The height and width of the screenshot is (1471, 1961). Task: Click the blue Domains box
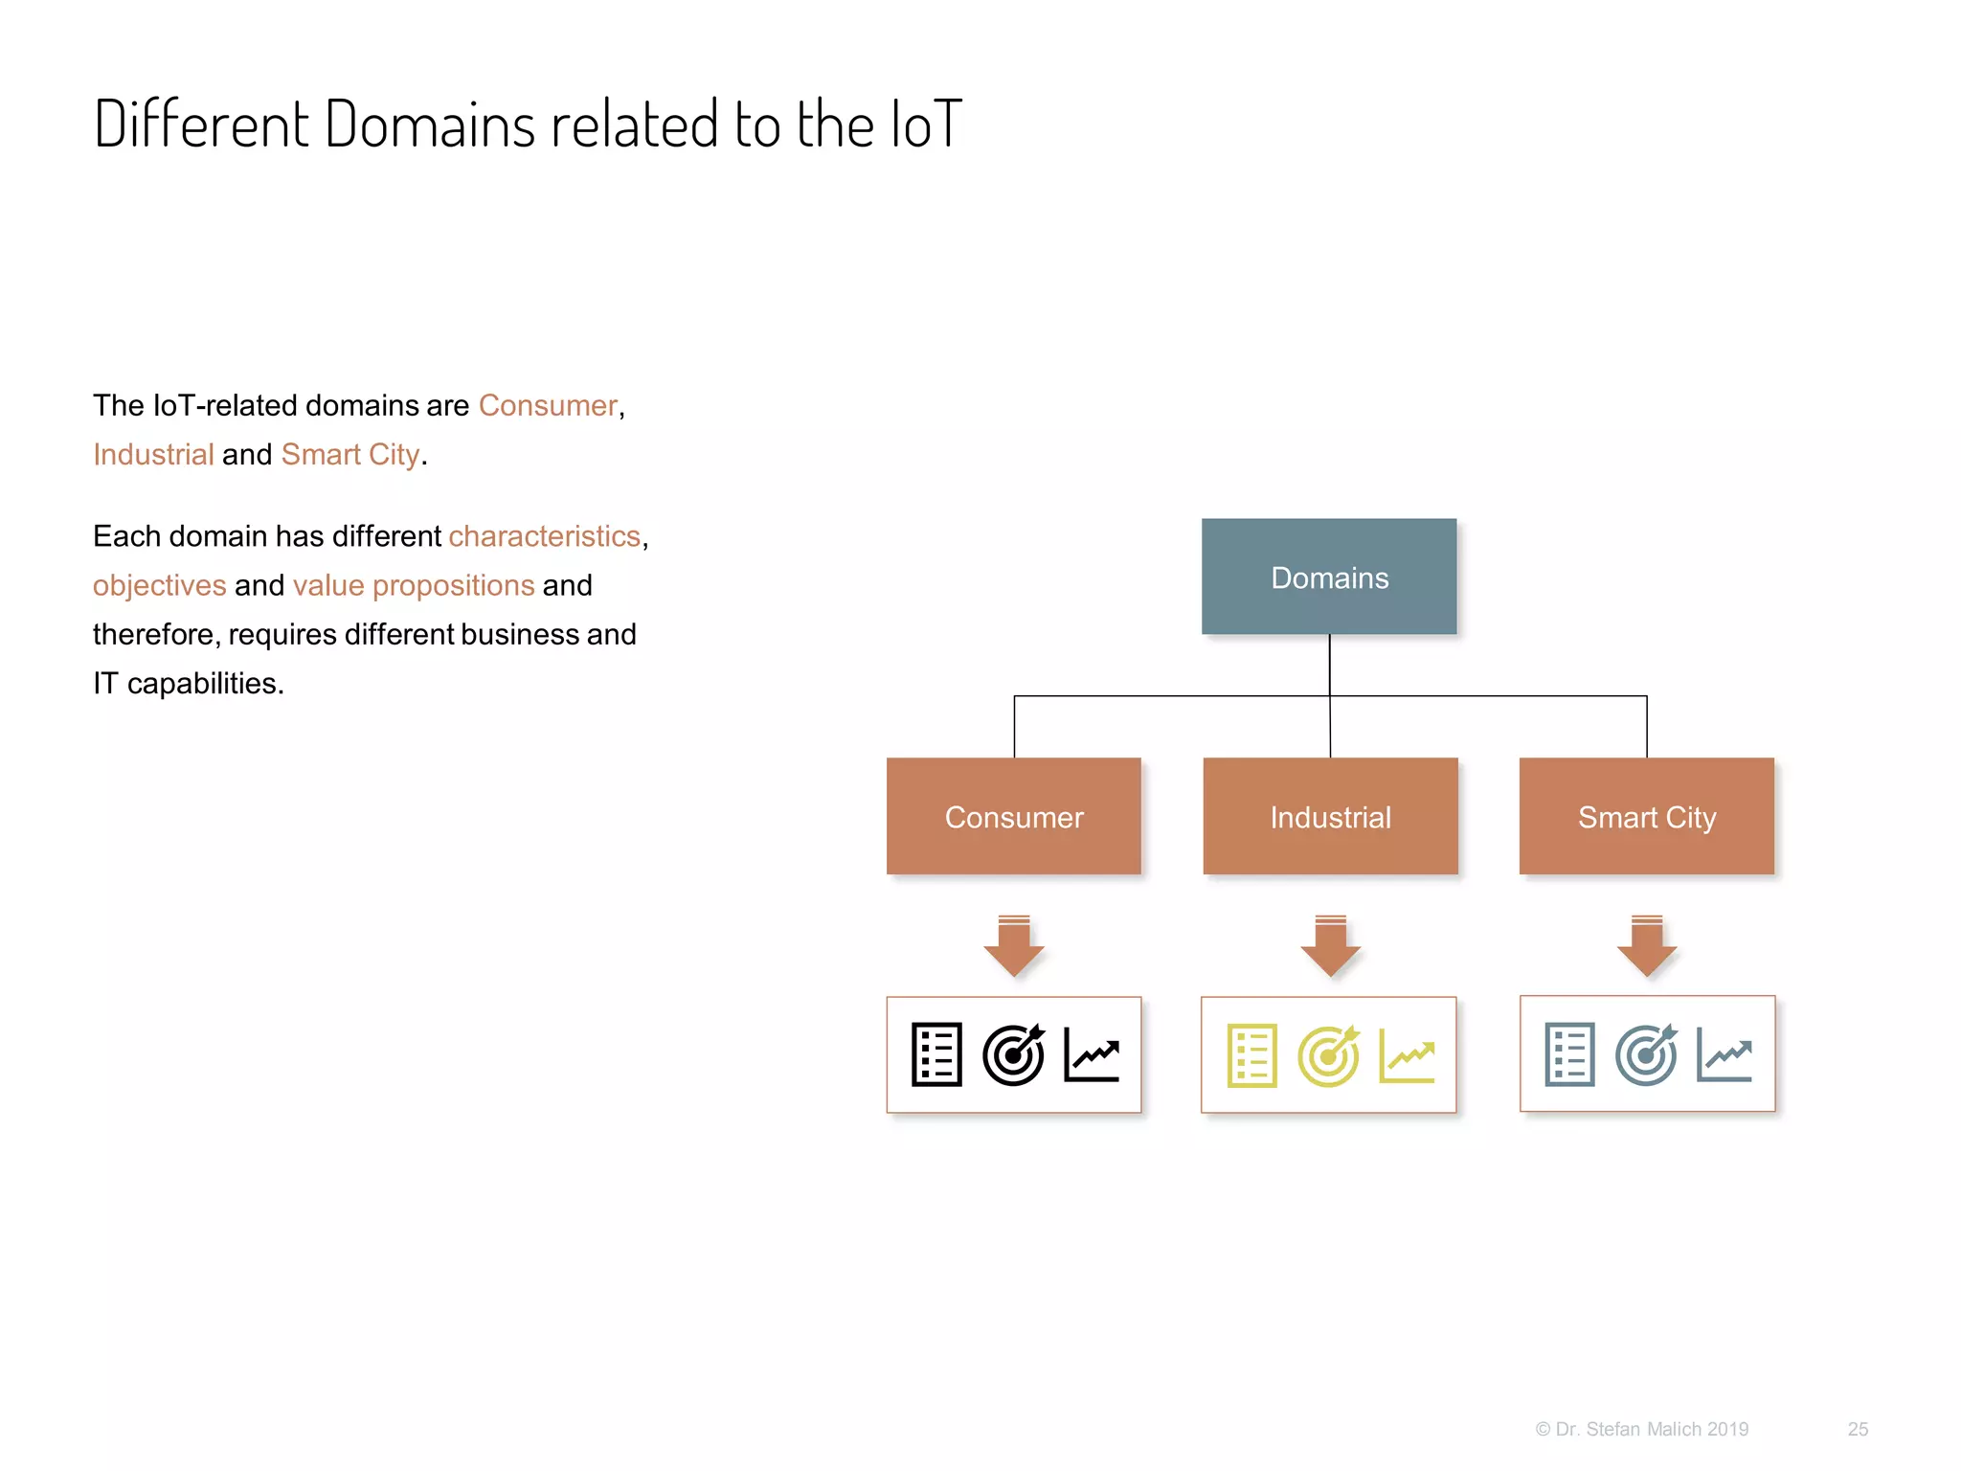tap(1329, 577)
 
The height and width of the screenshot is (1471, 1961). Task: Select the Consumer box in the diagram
tap(1013, 816)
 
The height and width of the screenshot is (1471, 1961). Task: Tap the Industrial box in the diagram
tap(1330, 816)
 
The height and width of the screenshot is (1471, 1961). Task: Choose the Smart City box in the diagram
tap(1646, 816)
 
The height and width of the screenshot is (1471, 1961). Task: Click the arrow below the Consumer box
tap(1013, 946)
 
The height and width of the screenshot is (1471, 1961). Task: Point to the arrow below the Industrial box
tap(1330, 946)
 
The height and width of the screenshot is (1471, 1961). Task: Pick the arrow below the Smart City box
tap(1646, 946)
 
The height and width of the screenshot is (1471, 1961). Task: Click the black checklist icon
tap(936, 1054)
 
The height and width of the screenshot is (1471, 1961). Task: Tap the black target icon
tap(1013, 1054)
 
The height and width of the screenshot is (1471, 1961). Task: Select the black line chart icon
tap(1092, 1054)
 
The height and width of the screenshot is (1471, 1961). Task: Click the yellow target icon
tap(1329, 1055)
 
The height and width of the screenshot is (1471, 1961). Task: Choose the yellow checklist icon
tap(1251, 1055)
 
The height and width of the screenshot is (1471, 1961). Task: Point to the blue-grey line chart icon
tap(1724, 1054)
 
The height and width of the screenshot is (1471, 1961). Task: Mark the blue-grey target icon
tap(1646, 1054)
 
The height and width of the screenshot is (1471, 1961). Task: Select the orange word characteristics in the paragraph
tap(544, 536)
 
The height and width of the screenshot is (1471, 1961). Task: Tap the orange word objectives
tap(159, 585)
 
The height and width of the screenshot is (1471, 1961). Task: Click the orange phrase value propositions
tap(414, 585)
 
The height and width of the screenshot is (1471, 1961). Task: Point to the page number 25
tap(1858, 1429)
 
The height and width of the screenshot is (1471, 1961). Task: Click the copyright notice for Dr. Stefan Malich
tap(1641, 1429)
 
